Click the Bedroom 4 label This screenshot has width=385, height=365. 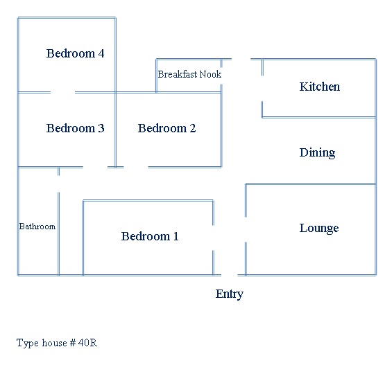click(75, 53)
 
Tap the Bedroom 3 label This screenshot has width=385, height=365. click(75, 128)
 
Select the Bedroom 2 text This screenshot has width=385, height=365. click(166, 128)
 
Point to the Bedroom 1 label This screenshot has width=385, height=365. click(150, 236)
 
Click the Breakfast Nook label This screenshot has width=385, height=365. click(189, 74)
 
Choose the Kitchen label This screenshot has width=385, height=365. click(319, 87)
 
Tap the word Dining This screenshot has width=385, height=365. click(317, 152)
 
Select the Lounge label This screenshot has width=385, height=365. click(319, 229)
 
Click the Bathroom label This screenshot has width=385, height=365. click(37, 226)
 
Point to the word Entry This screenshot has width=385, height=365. click(230, 294)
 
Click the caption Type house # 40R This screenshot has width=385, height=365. click(57, 343)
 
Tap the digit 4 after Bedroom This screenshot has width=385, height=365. click(101, 53)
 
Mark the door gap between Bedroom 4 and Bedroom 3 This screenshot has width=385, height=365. click(62, 92)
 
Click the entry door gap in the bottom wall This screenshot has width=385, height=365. click(230, 275)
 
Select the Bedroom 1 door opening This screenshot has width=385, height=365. click(213, 238)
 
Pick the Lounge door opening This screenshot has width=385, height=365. click(246, 229)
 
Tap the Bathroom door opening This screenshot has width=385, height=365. click(58, 184)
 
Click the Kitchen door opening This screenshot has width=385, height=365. click(262, 89)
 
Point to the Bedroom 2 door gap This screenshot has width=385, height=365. click(136, 167)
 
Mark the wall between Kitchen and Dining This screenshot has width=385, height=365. click(319, 118)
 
